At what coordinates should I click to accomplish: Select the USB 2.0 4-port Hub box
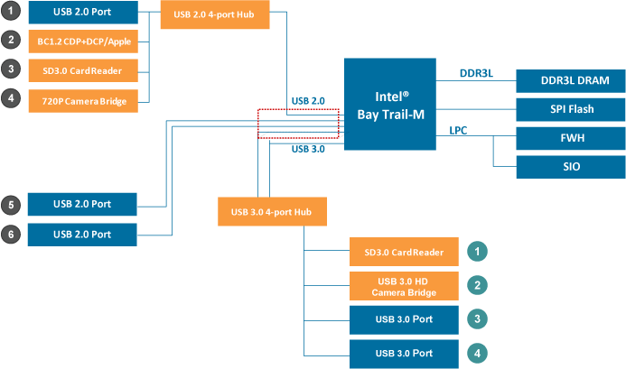click(214, 15)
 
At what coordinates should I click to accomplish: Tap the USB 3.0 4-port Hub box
click(271, 212)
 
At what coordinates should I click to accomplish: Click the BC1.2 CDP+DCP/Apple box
click(82, 41)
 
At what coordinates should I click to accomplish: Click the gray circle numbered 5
click(11, 204)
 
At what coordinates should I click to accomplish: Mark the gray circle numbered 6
click(11, 234)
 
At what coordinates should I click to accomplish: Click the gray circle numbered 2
click(11, 40)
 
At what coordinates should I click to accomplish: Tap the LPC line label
click(458, 131)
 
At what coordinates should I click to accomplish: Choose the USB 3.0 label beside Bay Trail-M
click(308, 149)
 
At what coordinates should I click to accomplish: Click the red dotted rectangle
click(298, 124)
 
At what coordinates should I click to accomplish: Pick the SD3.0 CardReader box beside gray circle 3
click(82, 69)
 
